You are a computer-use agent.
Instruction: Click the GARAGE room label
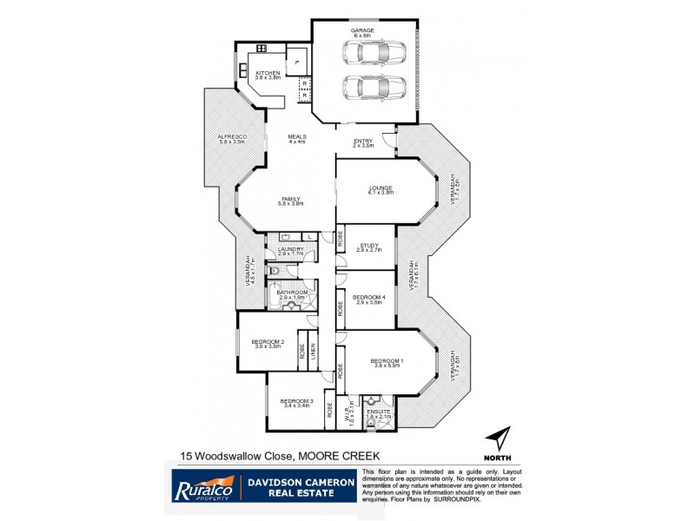[362, 30]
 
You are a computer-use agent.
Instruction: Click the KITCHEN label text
[268, 73]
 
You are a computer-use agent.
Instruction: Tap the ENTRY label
[363, 142]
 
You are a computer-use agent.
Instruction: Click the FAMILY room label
[290, 199]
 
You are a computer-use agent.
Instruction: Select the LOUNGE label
[381, 188]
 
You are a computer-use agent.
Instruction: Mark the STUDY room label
[370, 246]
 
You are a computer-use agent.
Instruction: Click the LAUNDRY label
[290, 250]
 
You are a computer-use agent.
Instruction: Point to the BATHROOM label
[292, 293]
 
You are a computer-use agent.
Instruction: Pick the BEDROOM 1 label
[386, 360]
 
